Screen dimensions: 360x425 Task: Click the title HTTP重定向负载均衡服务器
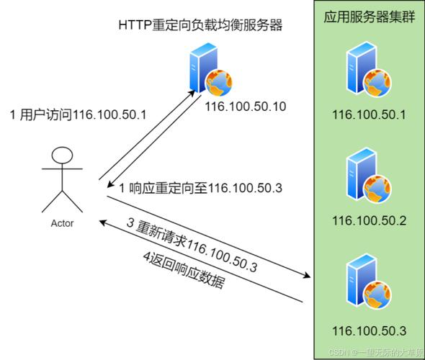[x=200, y=25]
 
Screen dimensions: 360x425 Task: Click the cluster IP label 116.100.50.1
[x=369, y=114]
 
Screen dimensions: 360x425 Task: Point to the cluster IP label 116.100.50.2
[x=369, y=220]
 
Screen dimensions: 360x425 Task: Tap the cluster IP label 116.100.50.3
[x=369, y=330]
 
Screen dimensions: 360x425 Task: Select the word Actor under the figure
[x=62, y=223]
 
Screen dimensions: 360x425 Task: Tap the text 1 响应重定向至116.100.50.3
[x=200, y=188]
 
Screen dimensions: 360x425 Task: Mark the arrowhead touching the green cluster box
[x=310, y=276]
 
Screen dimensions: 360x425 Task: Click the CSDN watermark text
[x=375, y=351]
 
